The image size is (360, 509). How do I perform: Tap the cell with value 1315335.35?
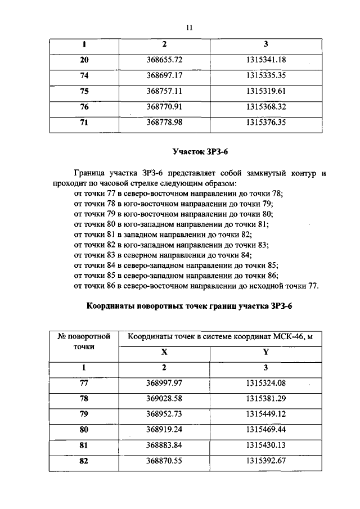click(266, 74)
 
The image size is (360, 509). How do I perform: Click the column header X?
click(164, 352)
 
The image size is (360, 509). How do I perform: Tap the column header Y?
click(265, 352)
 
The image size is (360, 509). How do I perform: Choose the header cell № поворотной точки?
click(84, 341)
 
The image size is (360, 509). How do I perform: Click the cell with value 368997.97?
click(165, 383)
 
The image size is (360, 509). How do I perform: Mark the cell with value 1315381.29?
click(266, 399)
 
